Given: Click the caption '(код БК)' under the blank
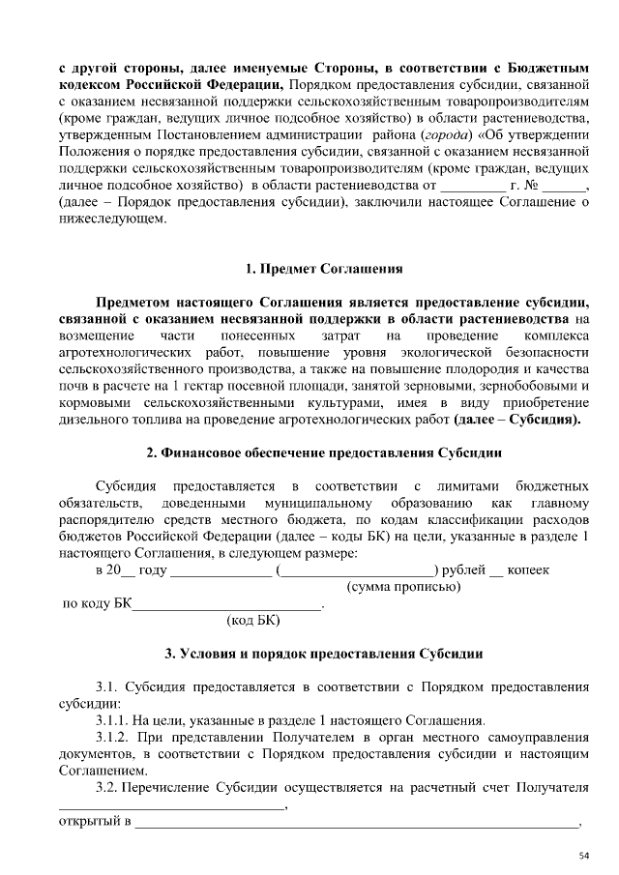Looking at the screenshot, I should (x=252, y=623).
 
